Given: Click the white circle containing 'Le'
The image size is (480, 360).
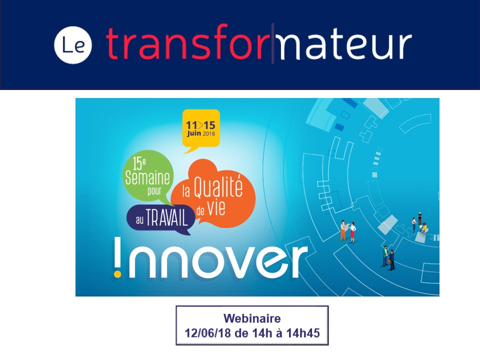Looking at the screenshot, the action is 73,45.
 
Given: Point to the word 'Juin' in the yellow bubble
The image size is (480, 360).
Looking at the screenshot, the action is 194,133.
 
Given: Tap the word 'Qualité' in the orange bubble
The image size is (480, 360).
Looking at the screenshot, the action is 218,186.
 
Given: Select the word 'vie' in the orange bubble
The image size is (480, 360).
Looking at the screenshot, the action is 216,208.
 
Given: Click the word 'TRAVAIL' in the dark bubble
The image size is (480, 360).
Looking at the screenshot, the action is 167,217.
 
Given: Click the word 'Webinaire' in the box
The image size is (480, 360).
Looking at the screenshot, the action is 252,318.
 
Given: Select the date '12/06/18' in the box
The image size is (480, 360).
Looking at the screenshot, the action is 208,333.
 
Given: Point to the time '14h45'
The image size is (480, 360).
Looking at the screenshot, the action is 303,333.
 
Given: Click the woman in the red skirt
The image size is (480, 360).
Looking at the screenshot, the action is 352,232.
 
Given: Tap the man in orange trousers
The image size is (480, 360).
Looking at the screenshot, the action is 343,230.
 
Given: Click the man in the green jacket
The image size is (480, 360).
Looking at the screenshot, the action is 385,256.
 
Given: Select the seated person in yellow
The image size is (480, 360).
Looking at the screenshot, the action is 424,228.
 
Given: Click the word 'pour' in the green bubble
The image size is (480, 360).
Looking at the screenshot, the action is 154,191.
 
